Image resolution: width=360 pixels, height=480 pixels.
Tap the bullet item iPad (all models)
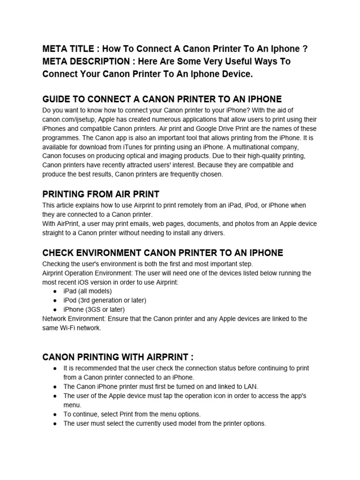click(x=88, y=291)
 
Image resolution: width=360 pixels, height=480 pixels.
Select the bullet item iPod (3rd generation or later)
click(x=105, y=300)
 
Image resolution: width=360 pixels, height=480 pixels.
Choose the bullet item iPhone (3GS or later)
click(x=94, y=309)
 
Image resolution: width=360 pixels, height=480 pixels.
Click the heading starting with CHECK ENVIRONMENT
click(x=163, y=253)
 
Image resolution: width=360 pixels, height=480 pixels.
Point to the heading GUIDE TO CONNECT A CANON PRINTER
click(x=162, y=99)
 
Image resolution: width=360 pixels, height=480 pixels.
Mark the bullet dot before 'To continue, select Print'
click(x=55, y=414)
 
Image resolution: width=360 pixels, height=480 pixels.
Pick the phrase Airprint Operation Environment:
click(x=88, y=273)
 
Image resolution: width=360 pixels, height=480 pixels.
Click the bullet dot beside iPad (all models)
click(x=55, y=291)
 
